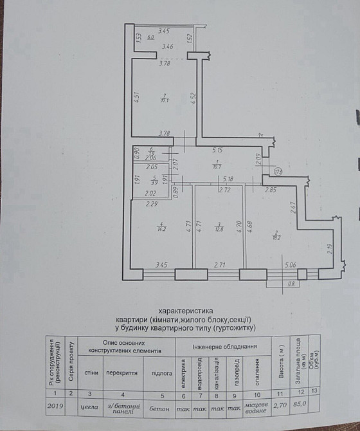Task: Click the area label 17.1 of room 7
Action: click(x=165, y=100)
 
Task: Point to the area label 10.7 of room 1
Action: click(x=217, y=165)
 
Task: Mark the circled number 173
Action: click(x=278, y=171)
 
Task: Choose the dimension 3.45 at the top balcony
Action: click(x=164, y=31)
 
